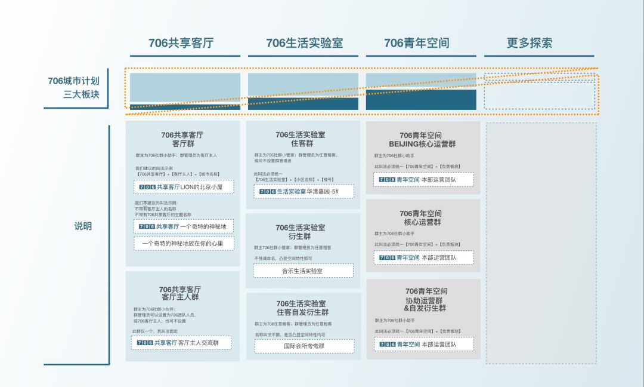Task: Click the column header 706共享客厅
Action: click(x=181, y=43)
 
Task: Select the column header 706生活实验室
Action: click(x=304, y=43)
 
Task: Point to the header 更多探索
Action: click(x=530, y=43)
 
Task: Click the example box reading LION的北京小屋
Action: click(x=184, y=187)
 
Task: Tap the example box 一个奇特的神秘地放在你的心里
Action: click(x=184, y=243)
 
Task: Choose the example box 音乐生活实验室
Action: click(x=303, y=271)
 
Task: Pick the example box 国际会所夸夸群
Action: click(x=304, y=346)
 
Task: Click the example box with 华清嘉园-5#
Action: click(x=304, y=191)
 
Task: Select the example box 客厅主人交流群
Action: click(x=181, y=343)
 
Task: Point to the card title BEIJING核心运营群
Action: click(x=422, y=140)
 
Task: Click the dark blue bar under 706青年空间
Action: click(x=421, y=100)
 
